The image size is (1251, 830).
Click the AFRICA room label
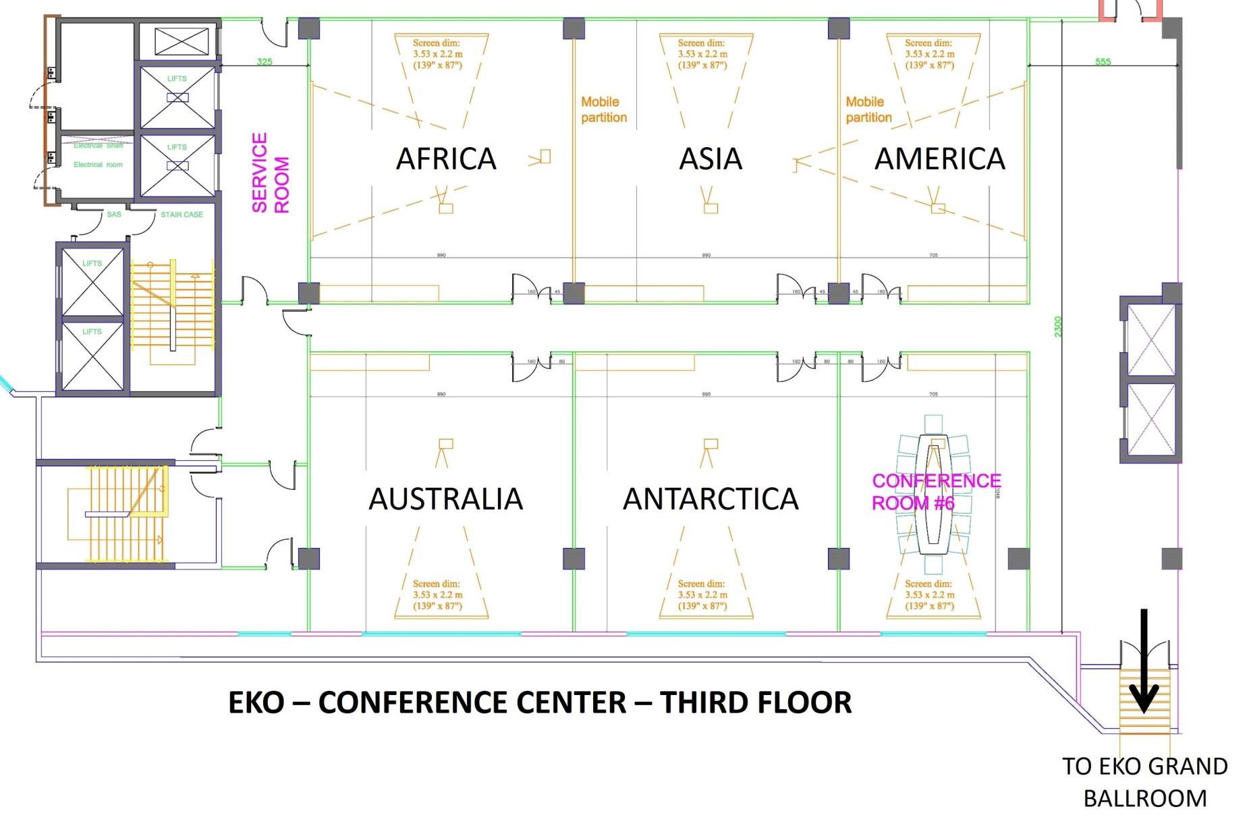446,159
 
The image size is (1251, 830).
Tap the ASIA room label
711,159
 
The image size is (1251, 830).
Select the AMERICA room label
940,159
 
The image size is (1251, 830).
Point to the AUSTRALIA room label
446,499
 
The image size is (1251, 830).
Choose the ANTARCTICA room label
711,499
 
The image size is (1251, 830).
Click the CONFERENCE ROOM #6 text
936,491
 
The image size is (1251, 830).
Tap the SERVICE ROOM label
270,173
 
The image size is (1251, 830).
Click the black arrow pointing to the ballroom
1144,661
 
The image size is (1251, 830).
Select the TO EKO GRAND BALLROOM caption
1144,782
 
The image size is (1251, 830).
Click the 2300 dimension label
1058,327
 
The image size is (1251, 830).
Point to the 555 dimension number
1103,61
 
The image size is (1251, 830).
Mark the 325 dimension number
265,61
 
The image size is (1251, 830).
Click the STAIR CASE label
182,215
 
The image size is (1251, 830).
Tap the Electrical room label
98,165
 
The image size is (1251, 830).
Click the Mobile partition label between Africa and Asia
603,109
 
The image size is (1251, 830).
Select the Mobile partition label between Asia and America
868,109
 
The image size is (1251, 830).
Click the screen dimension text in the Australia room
437,594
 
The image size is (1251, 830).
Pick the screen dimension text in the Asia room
702,54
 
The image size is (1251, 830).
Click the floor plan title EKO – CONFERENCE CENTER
540,702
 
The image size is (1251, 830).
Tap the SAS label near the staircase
114,215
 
